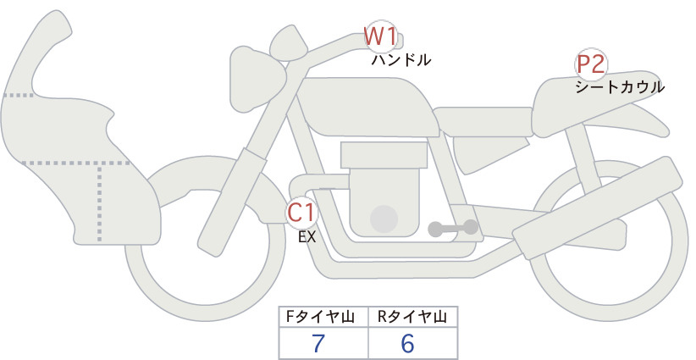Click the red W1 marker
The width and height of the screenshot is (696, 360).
pyautogui.click(x=380, y=36)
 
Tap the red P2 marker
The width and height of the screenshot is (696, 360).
pyautogui.click(x=591, y=64)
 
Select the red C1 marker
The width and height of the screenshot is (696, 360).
pyautogui.click(x=301, y=213)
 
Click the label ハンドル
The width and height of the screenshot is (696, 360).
pyautogui.click(x=401, y=60)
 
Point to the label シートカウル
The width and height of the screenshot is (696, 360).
pyautogui.click(x=620, y=87)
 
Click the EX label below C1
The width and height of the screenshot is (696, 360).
pyautogui.click(x=307, y=237)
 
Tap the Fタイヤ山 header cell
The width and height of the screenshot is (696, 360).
pyautogui.click(x=323, y=317)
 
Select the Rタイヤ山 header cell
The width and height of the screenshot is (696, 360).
pyautogui.click(x=413, y=317)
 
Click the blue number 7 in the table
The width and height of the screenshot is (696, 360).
pyautogui.click(x=318, y=343)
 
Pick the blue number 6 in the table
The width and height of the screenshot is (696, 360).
pyautogui.click(x=407, y=343)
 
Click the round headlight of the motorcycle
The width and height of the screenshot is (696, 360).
pyautogui.click(x=257, y=79)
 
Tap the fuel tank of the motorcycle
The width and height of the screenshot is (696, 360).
pyautogui.click(x=367, y=107)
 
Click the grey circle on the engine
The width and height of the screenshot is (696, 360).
pyautogui.click(x=384, y=219)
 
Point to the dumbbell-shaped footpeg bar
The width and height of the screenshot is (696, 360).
pyautogui.click(x=453, y=228)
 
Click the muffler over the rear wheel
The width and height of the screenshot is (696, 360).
pyautogui.click(x=598, y=208)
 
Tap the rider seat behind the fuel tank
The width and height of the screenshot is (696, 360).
pyautogui.click(x=483, y=121)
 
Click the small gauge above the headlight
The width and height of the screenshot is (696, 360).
pyautogui.click(x=289, y=45)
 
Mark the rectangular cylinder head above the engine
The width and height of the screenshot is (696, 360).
pyautogui.click(x=384, y=155)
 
